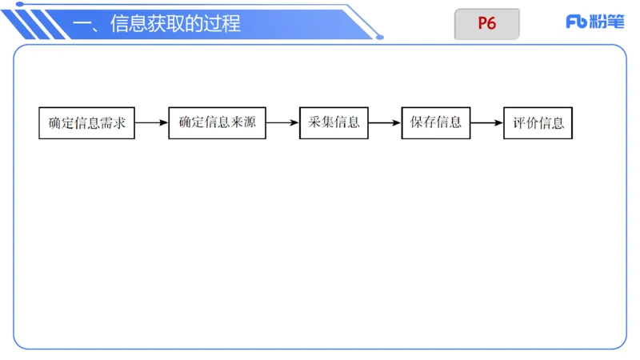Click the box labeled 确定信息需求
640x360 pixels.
click(86, 122)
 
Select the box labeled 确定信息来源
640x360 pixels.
click(217, 122)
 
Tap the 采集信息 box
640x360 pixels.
click(334, 122)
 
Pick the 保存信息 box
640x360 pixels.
click(436, 122)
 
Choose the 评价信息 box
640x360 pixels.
click(538, 122)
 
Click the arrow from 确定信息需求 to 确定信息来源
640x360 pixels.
click(151, 123)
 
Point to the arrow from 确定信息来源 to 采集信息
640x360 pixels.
click(282, 123)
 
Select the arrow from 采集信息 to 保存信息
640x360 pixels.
click(385, 123)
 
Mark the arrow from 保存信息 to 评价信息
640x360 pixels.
click(487, 123)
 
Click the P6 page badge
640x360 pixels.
click(487, 24)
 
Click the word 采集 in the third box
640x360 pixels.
click(321, 123)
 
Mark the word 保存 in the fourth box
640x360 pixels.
click(423, 123)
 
